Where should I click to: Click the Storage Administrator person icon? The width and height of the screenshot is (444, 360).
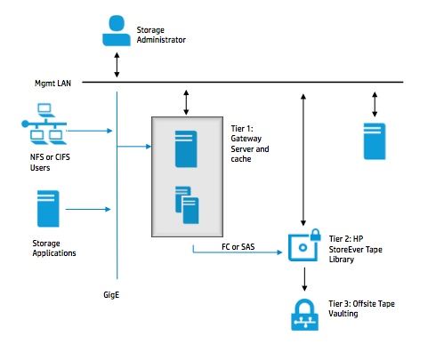coord(117,31)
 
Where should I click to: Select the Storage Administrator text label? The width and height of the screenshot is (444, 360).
coord(161,35)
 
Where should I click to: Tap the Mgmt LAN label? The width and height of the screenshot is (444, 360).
coord(52,84)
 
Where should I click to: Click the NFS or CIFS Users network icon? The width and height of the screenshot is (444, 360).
coord(44,124)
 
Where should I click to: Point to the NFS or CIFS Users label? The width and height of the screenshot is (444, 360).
coord(50,162)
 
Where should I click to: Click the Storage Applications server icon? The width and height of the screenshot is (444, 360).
coord(48,209)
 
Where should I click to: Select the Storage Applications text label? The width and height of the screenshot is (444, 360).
coord(54,248)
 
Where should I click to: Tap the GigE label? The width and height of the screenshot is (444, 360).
coord(111,295)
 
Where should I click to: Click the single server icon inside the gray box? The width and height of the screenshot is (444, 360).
coord(186,149)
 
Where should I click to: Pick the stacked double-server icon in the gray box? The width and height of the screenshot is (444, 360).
coord(187,204)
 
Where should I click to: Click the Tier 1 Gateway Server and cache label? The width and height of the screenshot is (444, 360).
coord(250,144)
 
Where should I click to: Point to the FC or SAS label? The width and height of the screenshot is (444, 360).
coord(238,246)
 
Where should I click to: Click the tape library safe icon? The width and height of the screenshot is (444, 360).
coord(304,245)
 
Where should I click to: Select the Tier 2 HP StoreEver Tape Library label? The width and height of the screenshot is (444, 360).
coord(355,249)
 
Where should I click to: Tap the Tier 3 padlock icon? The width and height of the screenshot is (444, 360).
coord(305,315)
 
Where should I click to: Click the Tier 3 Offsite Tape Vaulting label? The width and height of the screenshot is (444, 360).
coord(361,308)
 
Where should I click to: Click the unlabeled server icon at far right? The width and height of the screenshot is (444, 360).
coord(375,141)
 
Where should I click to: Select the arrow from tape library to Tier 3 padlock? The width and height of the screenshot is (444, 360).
coord(304,279)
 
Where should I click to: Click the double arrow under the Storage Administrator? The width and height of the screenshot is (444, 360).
coord(117,65)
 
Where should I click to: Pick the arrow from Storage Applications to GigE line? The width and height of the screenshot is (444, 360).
coord(88,209)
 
